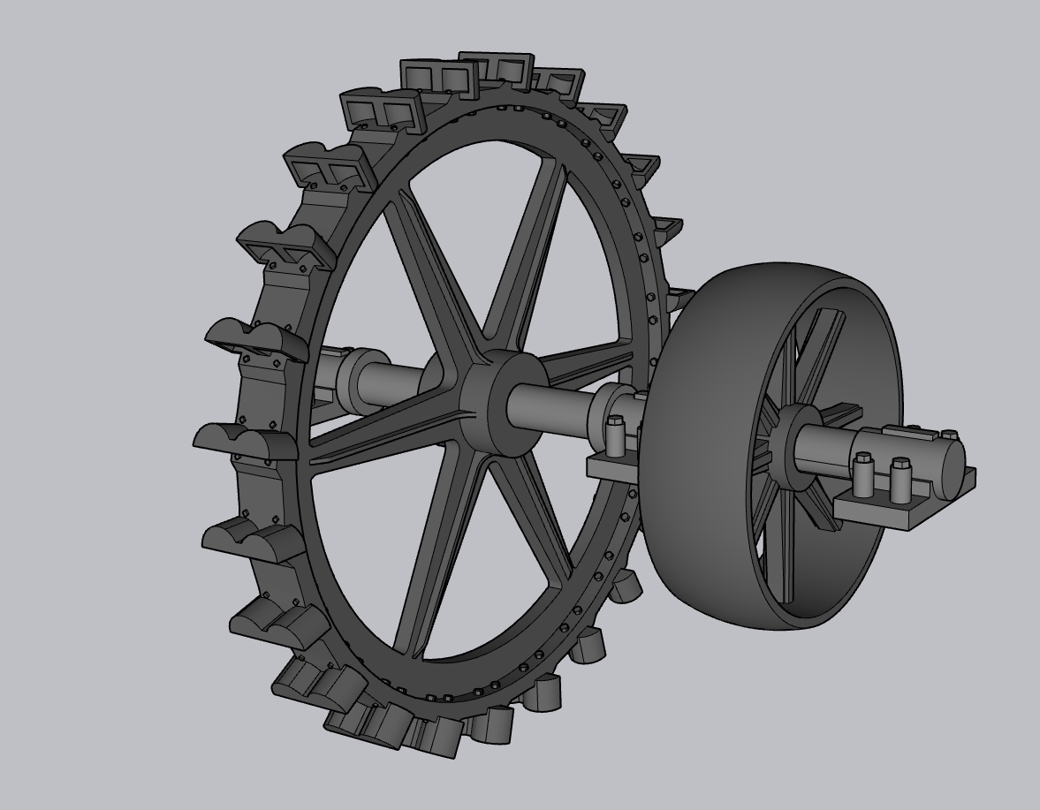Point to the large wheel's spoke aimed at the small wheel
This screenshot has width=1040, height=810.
(583, 362)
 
